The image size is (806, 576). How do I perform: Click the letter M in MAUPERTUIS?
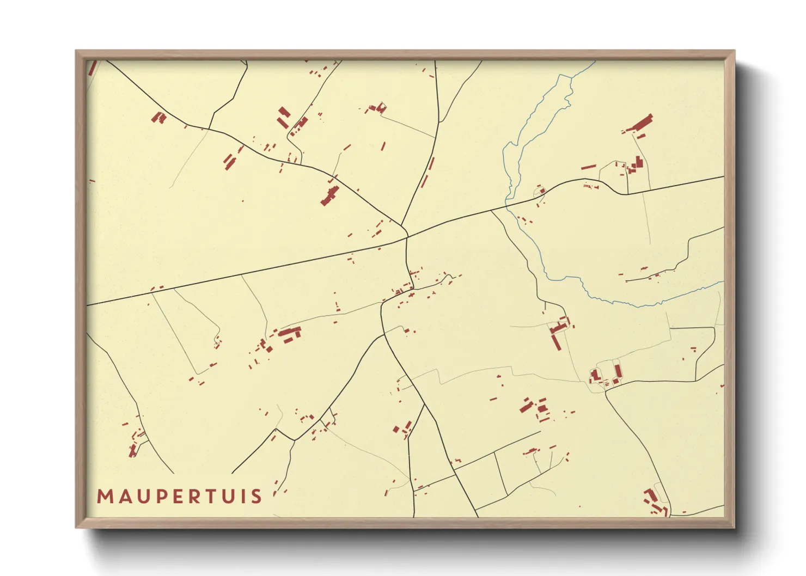click(105, 497)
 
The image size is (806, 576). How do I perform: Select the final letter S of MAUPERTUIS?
click(256, 497)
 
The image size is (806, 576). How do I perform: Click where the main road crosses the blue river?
click(507, 206)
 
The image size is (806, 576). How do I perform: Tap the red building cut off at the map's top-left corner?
click(93, 68)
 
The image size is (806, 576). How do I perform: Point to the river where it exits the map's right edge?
click(722, 283)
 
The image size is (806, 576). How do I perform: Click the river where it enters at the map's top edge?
click(594, 62)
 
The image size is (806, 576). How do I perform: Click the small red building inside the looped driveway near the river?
click(541, 191)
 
